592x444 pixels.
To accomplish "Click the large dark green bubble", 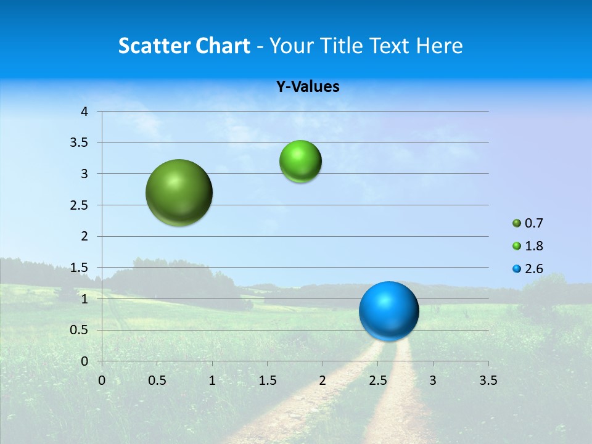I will coord(179,192).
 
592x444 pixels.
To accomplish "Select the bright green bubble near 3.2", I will coord(300,161).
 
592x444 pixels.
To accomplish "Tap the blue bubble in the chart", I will coord(389,311).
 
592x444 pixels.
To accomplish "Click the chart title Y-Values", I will coord(308,87).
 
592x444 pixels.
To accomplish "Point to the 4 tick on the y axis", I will coord(84,112).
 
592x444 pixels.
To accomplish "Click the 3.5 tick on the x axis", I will coord(488,380).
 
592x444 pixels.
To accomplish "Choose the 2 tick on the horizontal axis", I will coord(323,380).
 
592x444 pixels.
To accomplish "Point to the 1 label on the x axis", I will coord(212,380).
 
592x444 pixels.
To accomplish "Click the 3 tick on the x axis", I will coord(433,380).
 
